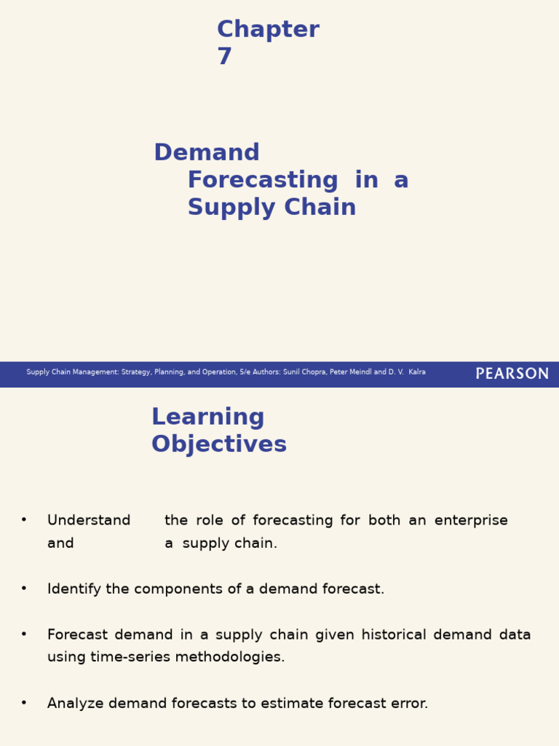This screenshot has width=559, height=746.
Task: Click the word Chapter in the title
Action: coord(268,30)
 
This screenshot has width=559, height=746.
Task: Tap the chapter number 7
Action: coord(224,57)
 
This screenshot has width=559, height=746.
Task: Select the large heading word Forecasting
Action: coord(263,180)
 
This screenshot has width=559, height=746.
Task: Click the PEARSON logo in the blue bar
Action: coord(512,374)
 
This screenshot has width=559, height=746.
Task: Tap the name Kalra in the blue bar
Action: coord(417,372)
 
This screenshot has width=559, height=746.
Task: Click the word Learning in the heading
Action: coord(207,417)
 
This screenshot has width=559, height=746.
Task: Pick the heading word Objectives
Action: coord(219,444)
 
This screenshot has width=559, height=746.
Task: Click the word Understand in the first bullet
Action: coord(89,521)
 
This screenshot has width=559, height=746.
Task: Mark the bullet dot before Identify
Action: coord(24,588)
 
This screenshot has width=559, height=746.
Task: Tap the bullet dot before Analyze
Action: coord(24,702)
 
